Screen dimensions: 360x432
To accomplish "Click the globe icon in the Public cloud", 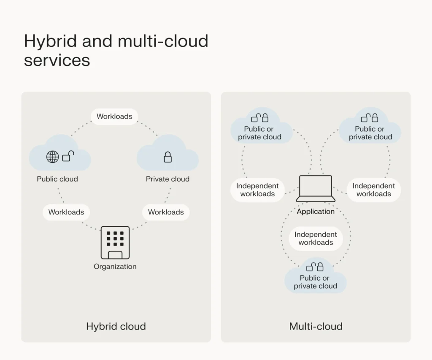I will point(52,157).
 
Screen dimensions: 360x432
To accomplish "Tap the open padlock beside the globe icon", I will point(68,157).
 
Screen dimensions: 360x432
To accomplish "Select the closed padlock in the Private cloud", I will point(167,157).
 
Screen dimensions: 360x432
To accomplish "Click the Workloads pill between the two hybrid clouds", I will point(114,116).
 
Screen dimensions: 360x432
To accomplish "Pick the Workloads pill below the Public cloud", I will point(66,212).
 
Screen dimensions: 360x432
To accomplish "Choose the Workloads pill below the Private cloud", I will point(166,212).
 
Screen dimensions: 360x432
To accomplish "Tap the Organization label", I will point(115,267).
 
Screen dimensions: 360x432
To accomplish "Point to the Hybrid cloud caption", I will point(116,326).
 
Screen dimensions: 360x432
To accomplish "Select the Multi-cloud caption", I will point(316,326).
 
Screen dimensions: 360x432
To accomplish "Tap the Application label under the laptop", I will point(316,211).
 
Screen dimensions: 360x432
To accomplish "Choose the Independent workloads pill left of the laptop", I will point(257,190).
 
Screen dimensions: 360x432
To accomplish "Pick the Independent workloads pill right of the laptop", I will point(374,190).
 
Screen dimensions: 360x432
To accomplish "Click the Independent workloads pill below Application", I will point(316,238).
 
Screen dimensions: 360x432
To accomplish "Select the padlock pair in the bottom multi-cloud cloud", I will point(315,267).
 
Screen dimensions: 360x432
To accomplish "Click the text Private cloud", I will point(167,179).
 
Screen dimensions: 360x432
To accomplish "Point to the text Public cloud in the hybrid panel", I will point(57,179).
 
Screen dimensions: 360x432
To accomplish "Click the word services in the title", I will point(57,60).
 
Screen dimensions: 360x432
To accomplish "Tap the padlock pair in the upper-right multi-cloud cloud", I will point(370,118).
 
